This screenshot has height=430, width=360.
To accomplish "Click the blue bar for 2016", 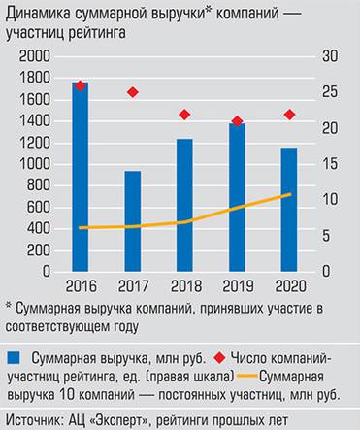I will [81, 180].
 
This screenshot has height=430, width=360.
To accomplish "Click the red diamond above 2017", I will [133, 92].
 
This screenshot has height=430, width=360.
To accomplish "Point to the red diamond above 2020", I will [289, 115].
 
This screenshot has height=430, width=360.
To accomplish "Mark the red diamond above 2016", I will [81, 85].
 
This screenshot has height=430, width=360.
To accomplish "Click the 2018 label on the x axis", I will [185, 285].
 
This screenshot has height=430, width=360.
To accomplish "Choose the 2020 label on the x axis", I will [289, 285].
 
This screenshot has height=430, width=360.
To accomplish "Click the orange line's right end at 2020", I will [290, 195].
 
